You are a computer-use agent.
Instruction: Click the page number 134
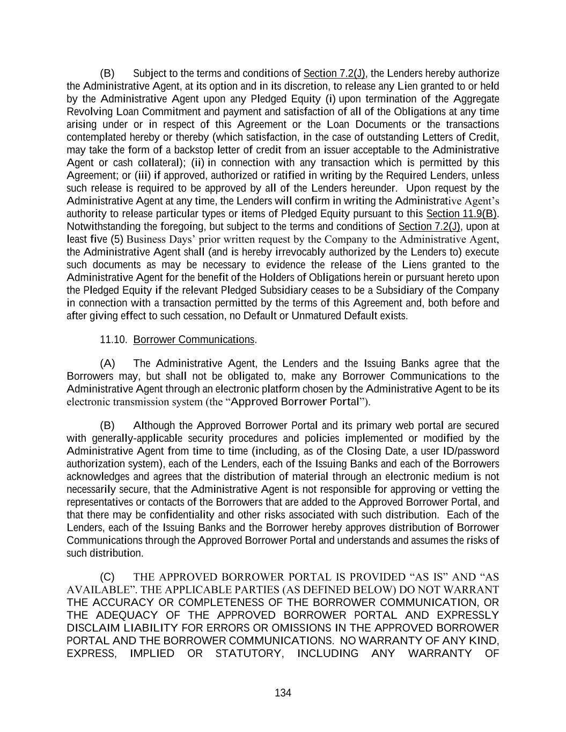(283, 693)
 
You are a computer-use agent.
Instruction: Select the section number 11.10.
(113, 340)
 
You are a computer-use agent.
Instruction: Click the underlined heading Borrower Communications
(194, 340)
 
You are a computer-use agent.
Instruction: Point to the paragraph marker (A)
(107, 364)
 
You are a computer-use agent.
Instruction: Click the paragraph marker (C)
(107, 577)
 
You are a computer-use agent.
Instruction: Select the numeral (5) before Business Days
(117, 239)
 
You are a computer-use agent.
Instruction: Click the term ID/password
(471, 451)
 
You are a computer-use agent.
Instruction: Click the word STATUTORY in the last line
(249, 654)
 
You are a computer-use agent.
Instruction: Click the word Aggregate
(476, 99)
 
